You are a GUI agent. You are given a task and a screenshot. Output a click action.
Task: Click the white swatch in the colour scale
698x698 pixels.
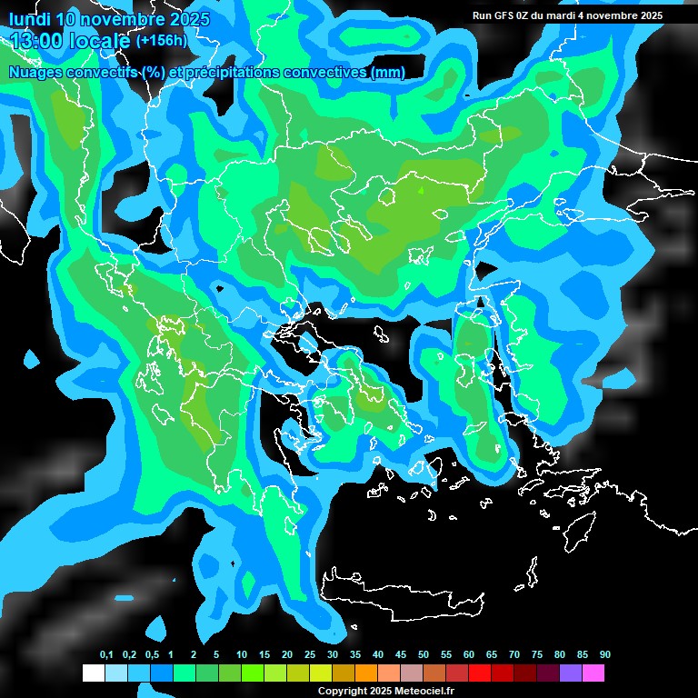click(93, 673)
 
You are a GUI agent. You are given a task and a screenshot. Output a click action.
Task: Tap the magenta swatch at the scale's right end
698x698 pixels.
click(593, 673)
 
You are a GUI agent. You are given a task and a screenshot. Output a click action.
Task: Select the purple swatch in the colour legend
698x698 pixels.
click(571, 673)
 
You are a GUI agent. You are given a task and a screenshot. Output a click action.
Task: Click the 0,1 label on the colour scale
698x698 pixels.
click(106, 655)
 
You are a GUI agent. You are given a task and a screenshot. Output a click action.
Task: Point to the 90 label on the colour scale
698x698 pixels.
click(605, 655)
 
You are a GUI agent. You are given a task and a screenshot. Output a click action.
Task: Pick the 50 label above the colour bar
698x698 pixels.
click(424, 655)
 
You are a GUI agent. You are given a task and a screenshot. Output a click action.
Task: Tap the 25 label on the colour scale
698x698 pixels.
click(310, 655)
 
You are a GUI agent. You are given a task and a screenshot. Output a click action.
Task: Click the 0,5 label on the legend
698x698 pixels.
click(151, 655)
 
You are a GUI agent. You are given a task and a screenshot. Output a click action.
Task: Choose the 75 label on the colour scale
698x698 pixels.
click(537, 655)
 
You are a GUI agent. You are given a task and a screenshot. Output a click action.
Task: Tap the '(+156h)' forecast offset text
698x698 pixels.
click(161, 41)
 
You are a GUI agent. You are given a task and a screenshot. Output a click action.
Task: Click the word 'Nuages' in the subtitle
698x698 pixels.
click(35, 73)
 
